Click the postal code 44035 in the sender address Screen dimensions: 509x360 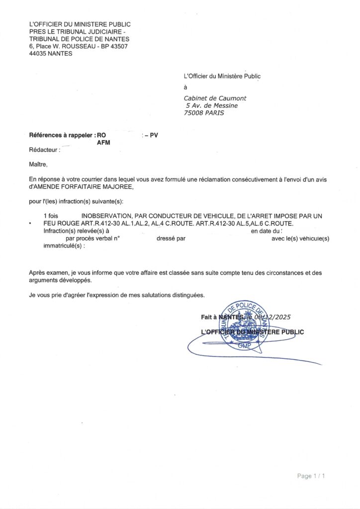(38, 54)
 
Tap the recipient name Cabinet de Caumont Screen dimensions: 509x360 (215, 98)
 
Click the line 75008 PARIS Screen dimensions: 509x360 (204, 113)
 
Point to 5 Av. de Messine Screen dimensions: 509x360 (212, 105)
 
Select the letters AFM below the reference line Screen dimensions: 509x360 (103, 142)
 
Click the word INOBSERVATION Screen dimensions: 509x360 (105, 216)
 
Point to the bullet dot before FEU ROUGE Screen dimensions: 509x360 (30, 224)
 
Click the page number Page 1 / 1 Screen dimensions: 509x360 (311, 476)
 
